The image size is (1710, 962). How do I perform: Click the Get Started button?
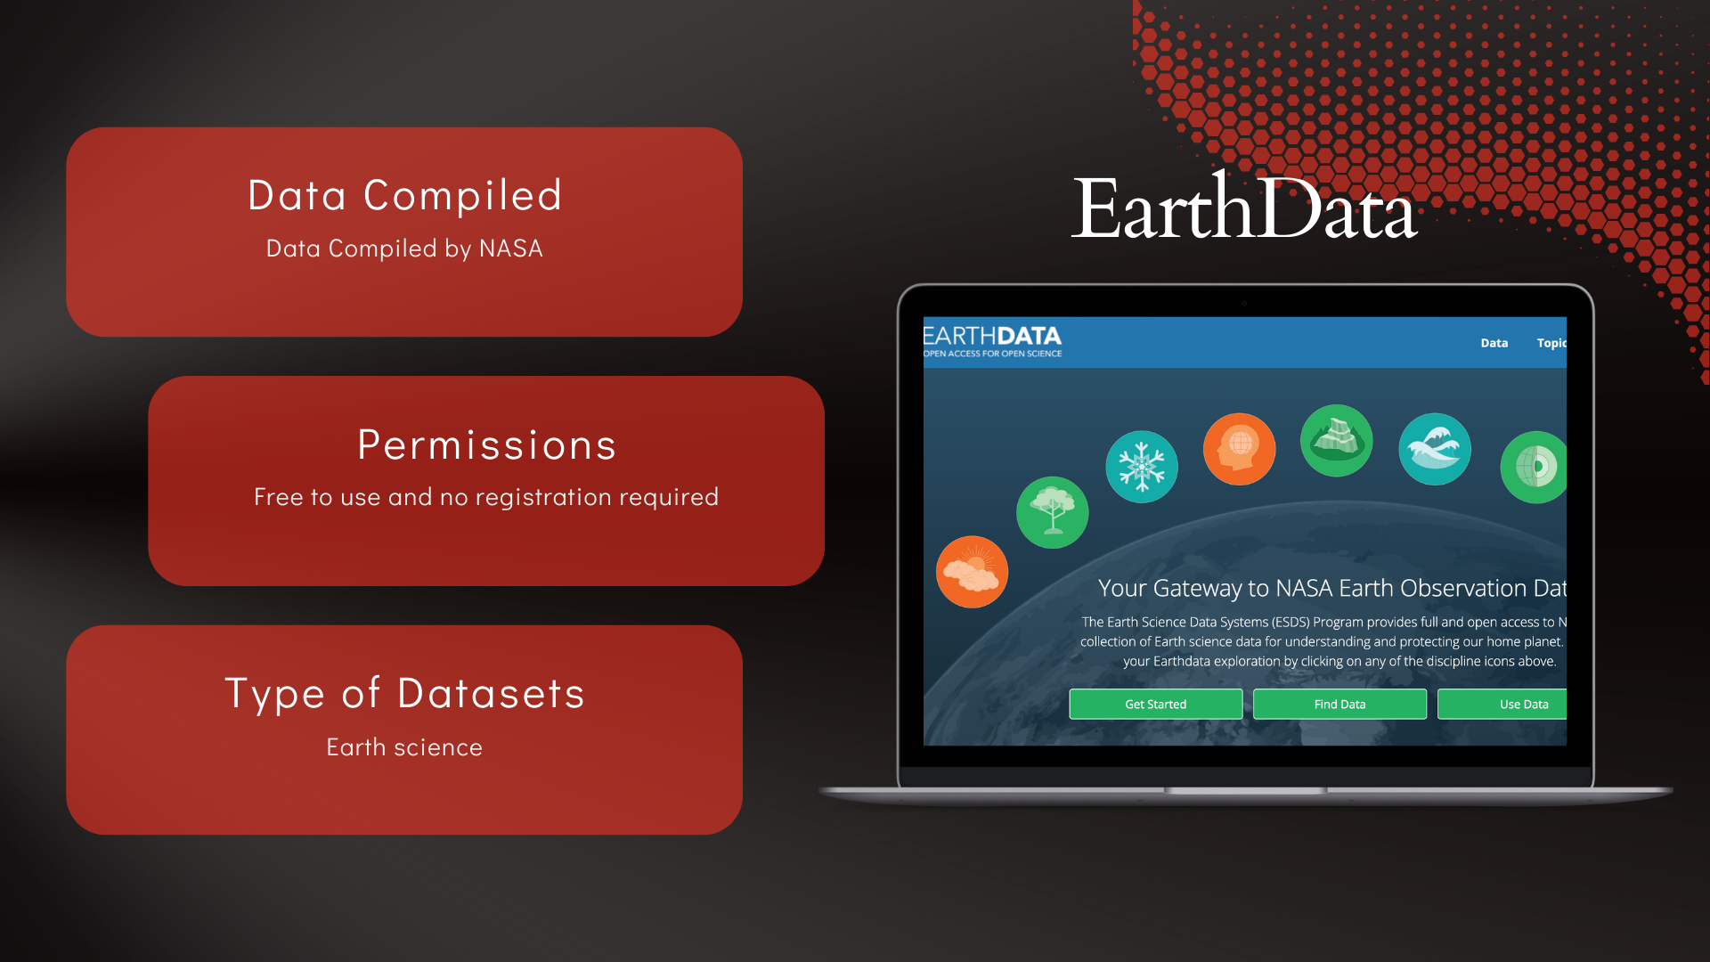pyautogui.click(x=1155, y=704)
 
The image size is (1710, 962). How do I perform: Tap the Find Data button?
pyautogui.click(x=1339, y=704)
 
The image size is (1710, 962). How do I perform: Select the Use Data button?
pyautogui.click(x=1502, y=704)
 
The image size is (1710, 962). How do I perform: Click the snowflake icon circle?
pyautogui.click(x=1142, y=467)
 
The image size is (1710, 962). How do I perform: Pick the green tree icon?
pyautogui.click(x=1053, y=512)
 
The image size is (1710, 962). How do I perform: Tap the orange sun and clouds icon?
pyautogui.click(x=972, y=572)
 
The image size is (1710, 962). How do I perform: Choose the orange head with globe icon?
pyautogui.click(x=1239, y=449)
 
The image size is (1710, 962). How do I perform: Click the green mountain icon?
pyautogui.click(x=1336, y=440)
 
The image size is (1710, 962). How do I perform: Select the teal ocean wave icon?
pyautogui.click(x=1435, y=449)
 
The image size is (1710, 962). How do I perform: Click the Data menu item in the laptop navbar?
pyautogui.click(x=1494, y=343)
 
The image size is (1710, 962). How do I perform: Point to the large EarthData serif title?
pyautogui.click(x=1244, y=207)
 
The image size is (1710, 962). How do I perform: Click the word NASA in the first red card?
pyautogui.click(x=510, y=249)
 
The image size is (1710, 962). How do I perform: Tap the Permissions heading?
pyautogui.click(x=486, y=444)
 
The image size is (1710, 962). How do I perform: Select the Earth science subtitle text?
pyautogui.click(x=404, y=746)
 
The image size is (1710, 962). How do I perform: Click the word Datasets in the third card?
pyautogui.click(x=491, y=693)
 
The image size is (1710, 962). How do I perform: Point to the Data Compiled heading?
pyautogui.click(x=404, y=195)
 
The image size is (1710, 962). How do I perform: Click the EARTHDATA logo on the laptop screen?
pyautogui.click(x=992, y=336)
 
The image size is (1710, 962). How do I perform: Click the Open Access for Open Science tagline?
pyautogui.click(x=992, y=354)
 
